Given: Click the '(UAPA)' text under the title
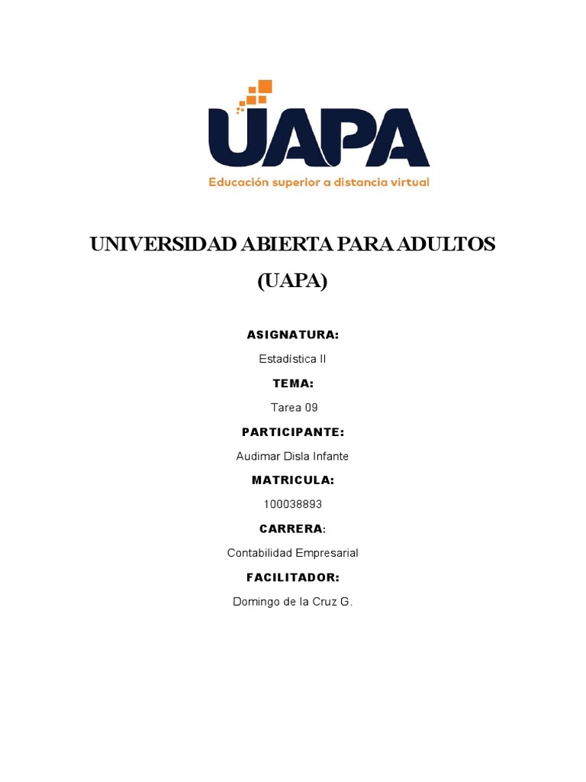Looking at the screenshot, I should (x=292, y=282).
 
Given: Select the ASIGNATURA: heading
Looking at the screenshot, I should (x=293, y=334).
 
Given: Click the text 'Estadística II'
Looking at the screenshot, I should (x=293, y=358).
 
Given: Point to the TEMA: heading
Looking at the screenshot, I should (x=293, y=383).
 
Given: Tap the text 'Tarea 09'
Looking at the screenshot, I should (x=293, y=408).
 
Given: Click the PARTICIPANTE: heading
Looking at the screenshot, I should (x=293, y=432).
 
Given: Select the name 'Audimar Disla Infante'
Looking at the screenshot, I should (x=293, y=456).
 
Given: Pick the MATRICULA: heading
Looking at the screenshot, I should (x=293, y=480).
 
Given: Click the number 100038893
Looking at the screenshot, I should (x=293, y=504).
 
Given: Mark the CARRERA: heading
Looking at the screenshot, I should (x=293, y=528).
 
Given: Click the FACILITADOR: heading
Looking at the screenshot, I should (x=293, y=577).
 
